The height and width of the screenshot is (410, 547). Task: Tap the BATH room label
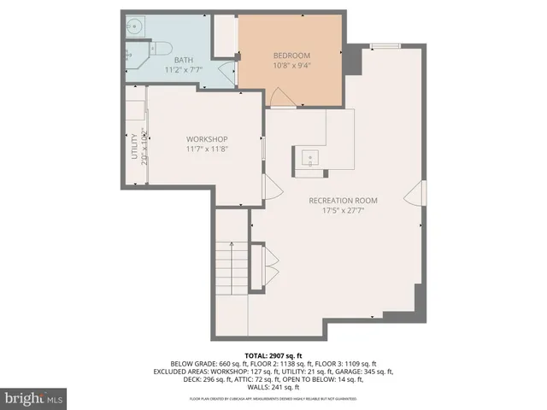coord(183,60)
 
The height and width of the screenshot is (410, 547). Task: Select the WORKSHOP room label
coord(206,139)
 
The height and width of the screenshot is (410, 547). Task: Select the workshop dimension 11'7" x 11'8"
coord(206,149)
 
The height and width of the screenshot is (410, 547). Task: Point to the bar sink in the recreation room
coord(308,156)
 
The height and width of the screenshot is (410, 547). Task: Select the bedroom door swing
coord(281,98)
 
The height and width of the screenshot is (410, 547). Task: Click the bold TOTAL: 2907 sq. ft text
coord(273,354)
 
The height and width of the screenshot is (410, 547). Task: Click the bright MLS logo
coord(34,398)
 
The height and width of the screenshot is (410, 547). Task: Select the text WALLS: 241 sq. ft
coord(273,389)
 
